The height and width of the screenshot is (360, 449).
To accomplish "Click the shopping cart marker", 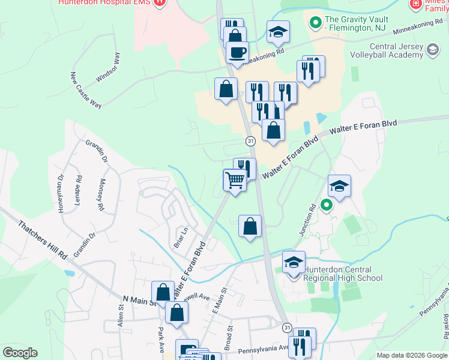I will (235, 179).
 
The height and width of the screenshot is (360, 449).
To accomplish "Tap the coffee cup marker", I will (237, 52).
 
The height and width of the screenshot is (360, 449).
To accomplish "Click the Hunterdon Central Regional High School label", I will (342, 274).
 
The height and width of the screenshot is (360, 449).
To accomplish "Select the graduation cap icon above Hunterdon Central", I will (294, 263).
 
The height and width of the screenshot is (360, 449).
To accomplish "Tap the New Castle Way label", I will (86, 89).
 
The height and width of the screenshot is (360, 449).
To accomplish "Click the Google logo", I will (20, 353).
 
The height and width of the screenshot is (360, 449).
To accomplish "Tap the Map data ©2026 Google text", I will (411, 355).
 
